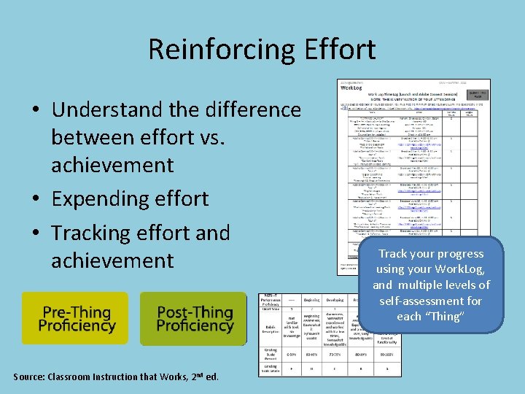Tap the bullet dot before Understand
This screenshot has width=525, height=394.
[x=35, y=110]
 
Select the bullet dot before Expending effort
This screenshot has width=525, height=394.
[x=35, y=199]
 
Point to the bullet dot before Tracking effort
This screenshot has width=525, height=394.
[x=35, y=233]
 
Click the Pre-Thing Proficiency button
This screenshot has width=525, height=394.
[x=74, y=318]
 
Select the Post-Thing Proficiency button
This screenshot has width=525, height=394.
[x=193, y=318]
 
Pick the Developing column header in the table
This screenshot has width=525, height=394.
[x=336, y=298]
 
